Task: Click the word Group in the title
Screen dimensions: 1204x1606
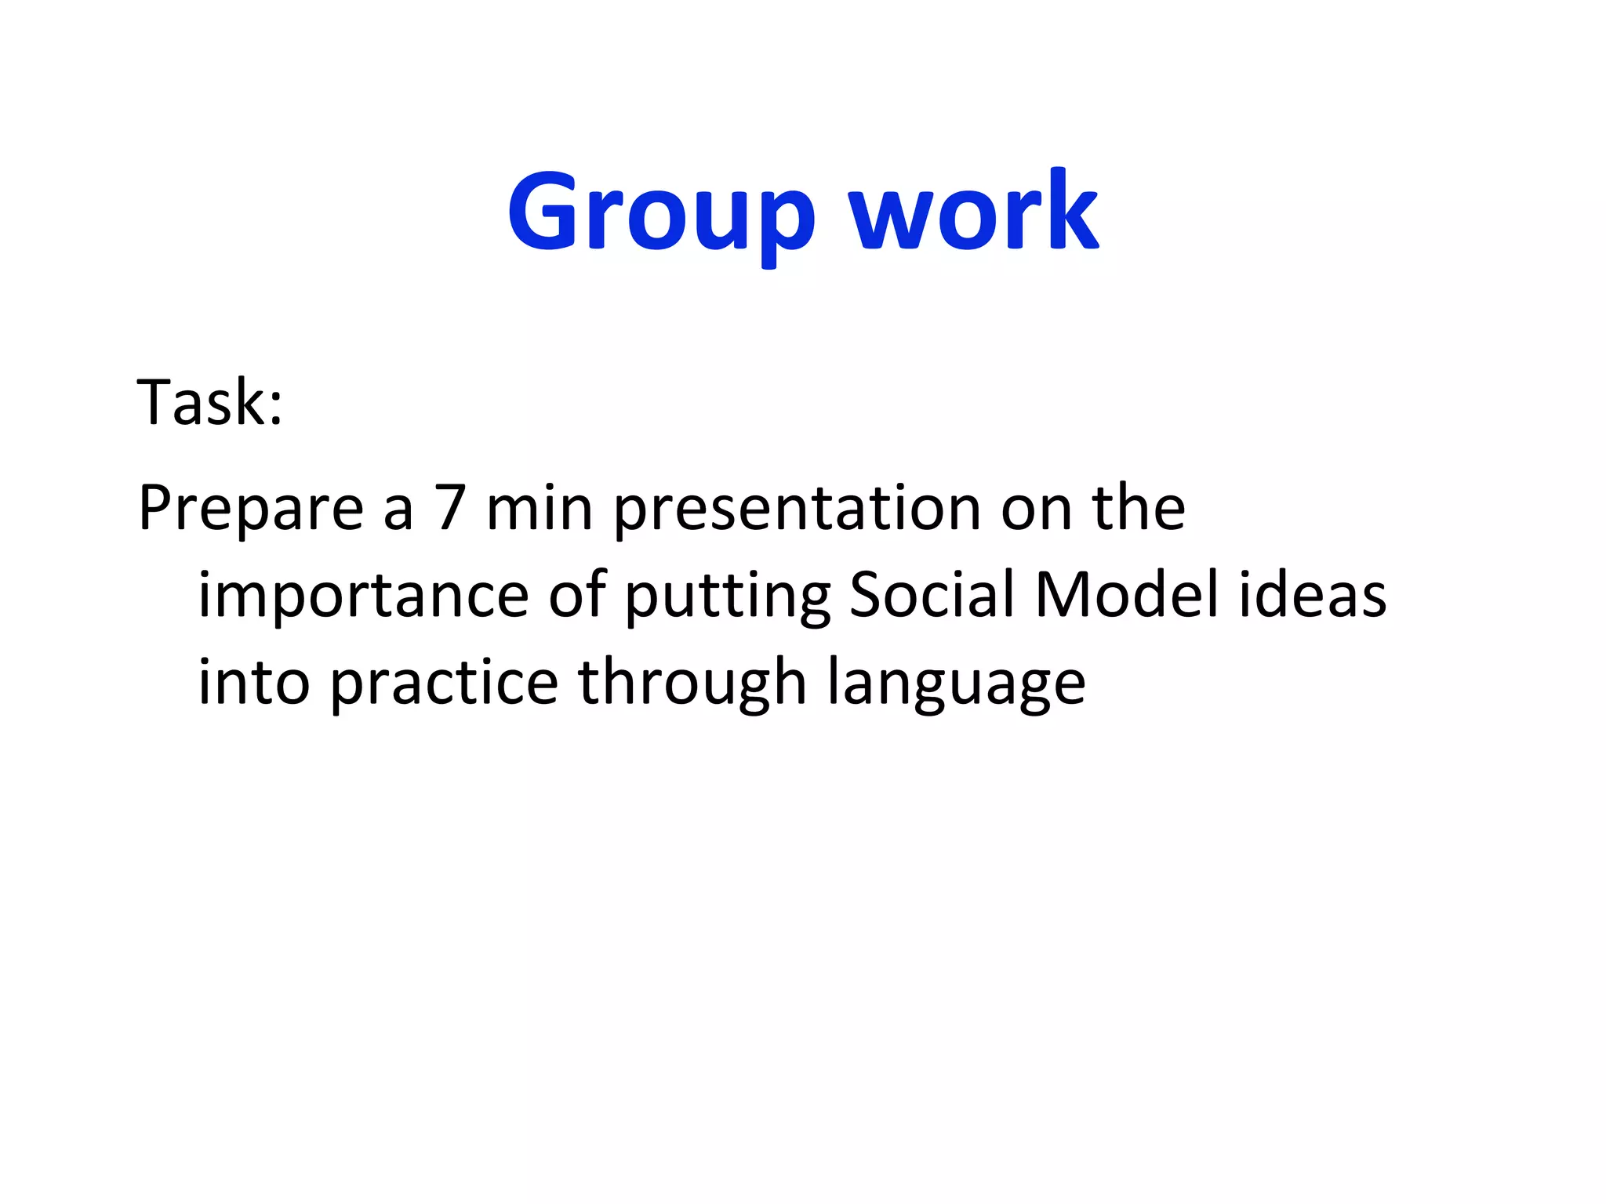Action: [x=661, y=213]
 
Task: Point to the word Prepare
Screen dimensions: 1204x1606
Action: [x=251, y=510]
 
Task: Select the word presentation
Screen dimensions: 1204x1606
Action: [x=797, y=510]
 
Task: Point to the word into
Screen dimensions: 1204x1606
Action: [x=253, y=682]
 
